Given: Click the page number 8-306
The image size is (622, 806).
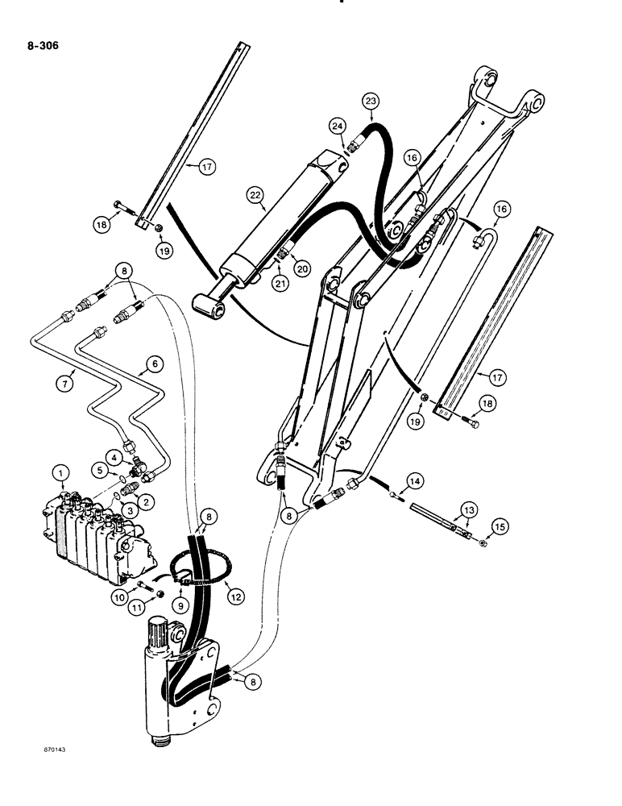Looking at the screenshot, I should pos(41,46).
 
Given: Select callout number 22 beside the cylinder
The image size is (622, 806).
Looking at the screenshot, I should pos(255,195).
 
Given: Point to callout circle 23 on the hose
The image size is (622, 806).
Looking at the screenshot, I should pos(370,102).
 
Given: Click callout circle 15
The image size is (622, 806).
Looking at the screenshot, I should pos(479,526).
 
